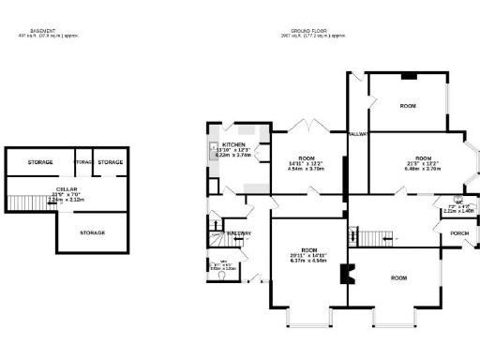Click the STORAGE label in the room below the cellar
(x=92, y=232)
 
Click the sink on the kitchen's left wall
(x=214, y=150)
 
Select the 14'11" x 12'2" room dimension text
(x=307, y=165)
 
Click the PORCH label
(x=459, y=232)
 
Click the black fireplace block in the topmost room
(x=408, y=76)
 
